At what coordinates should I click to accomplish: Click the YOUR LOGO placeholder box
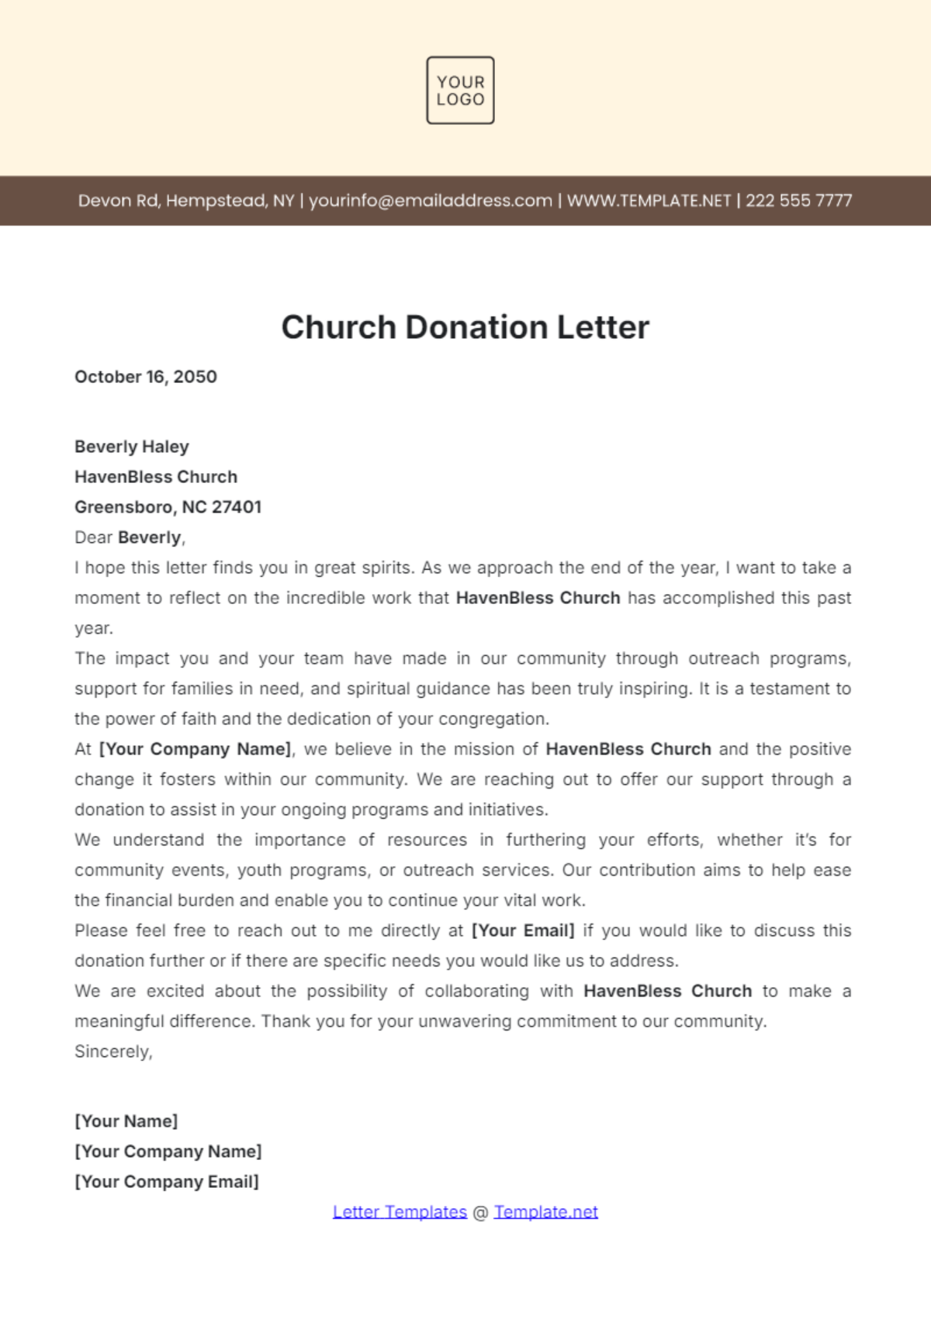click(x=460, y=90)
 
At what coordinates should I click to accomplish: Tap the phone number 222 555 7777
click(x=798, y=201)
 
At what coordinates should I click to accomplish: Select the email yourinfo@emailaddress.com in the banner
click(x=431, y=201)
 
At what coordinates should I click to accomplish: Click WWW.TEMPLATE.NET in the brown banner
click(x=649, y=201)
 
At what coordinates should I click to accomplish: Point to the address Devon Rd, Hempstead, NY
click(x=186, y=201)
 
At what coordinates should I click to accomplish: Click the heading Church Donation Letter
click(x=465, y=327)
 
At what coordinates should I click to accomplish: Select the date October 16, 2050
click(x=146, y=377)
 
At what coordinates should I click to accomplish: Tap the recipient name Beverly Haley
click(x=132, y=447)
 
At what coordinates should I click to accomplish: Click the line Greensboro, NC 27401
click(x=168, y=507)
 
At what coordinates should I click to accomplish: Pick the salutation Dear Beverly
click(x=130, y=537)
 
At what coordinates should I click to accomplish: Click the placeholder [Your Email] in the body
click(x=523, y=931)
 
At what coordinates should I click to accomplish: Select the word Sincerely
click(x=113, y=1051)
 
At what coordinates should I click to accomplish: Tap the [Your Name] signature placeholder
click(x=126, y=1121)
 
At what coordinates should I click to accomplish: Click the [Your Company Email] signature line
click(x=167, y=1182)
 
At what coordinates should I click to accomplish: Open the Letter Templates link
click(x=400, y=1212)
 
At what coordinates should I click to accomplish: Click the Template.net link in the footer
click(x=545, y=1212)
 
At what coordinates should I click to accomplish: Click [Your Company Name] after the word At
click(x=196, y=749)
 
